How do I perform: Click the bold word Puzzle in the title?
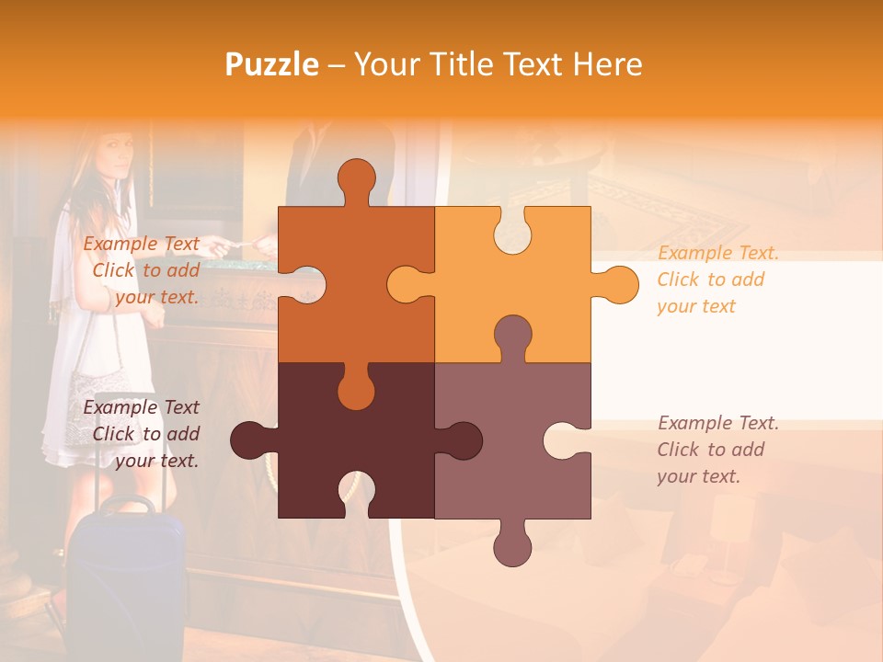pos(272,64)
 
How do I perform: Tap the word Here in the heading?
pos(606,64)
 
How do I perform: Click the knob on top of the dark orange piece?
pos(356,180)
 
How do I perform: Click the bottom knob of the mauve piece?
pos(512,542)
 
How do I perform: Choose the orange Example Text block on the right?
pos(717,280)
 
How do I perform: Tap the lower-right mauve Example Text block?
pos(717,450)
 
